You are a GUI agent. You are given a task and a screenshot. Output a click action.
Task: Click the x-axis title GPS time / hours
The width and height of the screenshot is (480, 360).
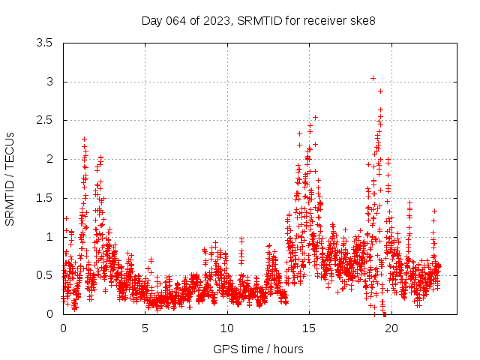(258, 349)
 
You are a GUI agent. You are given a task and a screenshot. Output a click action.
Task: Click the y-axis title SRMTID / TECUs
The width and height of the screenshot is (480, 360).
(10, 178)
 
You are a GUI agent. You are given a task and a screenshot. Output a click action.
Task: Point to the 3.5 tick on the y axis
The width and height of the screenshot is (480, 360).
(44, 43)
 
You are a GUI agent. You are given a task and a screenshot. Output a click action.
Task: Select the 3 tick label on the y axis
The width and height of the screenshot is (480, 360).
(49, 82)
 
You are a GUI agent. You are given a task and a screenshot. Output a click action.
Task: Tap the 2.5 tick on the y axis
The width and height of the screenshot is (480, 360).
(44, 120)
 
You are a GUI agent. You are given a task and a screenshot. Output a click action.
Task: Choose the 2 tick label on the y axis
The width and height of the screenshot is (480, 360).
(49, 159)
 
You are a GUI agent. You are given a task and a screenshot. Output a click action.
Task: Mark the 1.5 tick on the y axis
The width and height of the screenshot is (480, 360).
(44, 198)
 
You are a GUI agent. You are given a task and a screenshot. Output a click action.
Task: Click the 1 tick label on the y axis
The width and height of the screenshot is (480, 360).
(49, 236)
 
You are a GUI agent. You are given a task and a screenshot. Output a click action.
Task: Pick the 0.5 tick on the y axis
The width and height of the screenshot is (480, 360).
(44, 275)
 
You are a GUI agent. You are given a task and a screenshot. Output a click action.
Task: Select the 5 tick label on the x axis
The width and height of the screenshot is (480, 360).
(145, 328)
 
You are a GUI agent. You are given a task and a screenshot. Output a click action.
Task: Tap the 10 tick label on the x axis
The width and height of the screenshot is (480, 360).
(227, 328)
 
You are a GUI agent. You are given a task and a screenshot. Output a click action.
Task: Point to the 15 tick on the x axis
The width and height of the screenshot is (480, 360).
(309, 328)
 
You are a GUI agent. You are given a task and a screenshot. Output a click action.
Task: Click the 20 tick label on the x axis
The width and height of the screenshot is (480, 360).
(391, 328)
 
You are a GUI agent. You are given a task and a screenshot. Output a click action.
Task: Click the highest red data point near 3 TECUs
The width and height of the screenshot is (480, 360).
(373, 78)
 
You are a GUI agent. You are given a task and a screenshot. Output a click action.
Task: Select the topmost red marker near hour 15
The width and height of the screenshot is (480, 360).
(315, 117)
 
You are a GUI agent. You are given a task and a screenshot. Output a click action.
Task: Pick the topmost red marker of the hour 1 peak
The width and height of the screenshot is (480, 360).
(84, 139)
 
